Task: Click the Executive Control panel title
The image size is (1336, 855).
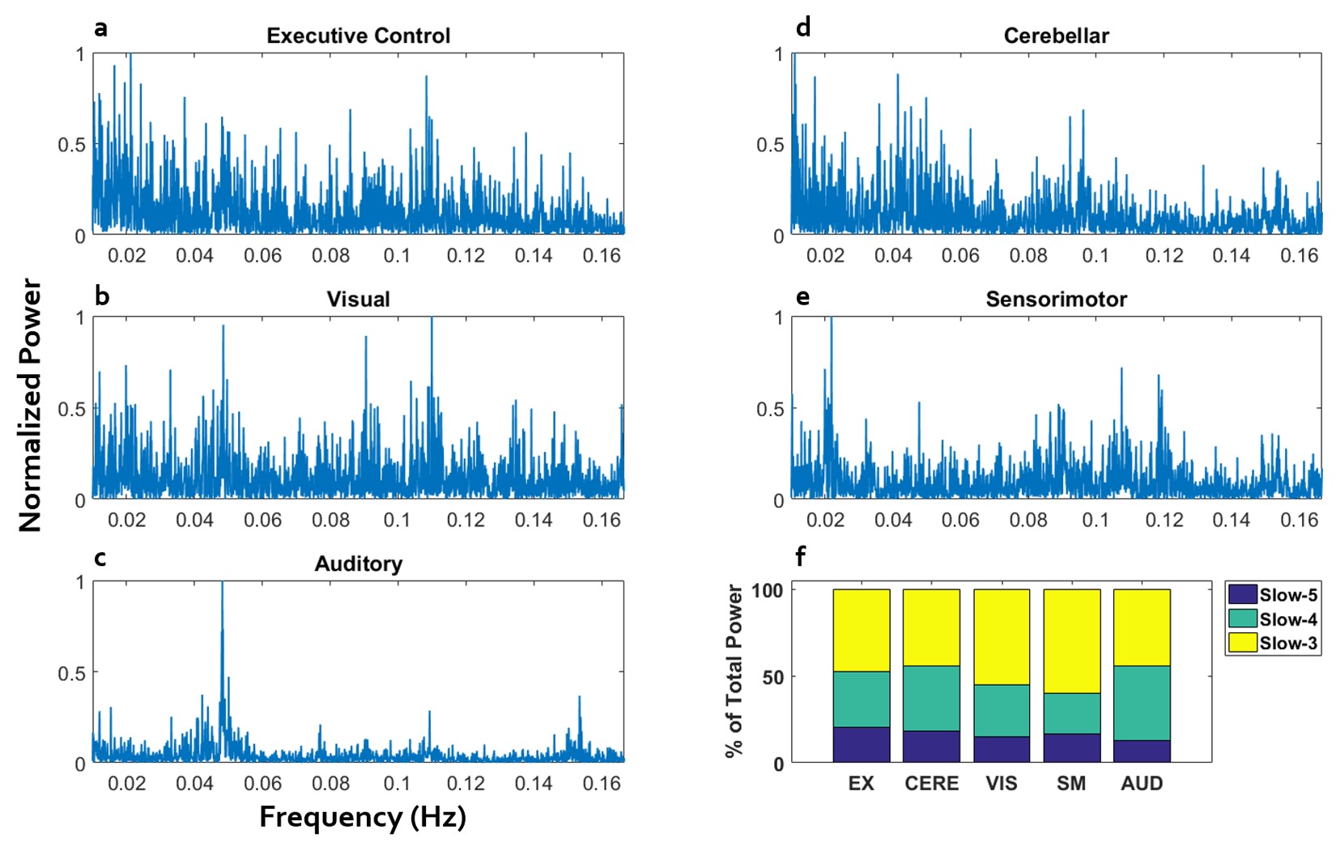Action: pyautogui.click(x=358, y=36)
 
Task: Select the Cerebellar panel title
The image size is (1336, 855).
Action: pyautogui.click(x=1056, y=36)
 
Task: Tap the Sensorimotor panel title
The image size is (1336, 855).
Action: pyautogui.click(x=1056, y=300)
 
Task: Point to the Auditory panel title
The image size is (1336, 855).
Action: pyautogui.click(x=358, y=564)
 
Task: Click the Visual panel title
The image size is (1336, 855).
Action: pyautogui.click(x=358, y=300)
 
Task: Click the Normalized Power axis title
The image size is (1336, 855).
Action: pyautogui.click(x=30, y=405)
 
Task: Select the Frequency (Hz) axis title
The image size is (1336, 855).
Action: pyautogui.click(x=363, y=817)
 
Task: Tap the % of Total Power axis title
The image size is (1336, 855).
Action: pyautogui.click(x=734, y=671)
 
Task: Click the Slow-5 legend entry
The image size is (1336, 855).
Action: pyautogui.click(x=1273, y=594)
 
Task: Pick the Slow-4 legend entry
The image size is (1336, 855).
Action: pyautogui.click(x=1273, y=619)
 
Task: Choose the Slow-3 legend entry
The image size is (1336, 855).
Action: pyautogui.click(x=1273, y=644)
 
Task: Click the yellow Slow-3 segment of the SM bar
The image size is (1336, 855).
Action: pyautogui.click(x=1071, y=640)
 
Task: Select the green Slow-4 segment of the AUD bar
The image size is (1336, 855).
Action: pyautogui.click(x=1141, y=702)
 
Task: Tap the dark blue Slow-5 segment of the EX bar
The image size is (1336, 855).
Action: pyautogui.click(x=861, y=744)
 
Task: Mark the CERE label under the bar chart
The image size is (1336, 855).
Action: pyautogui.click(x=931, y=784)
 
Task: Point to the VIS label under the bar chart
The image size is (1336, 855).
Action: pyautogui.click(x=1001, y=784)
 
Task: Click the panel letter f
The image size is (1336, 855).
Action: pyautogui.click(x=800, y=556)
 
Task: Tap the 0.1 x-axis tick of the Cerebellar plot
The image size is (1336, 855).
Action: pyautogui.click(x=1096, y=256)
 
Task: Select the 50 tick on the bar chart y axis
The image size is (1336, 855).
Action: pyautogui.click(x=773, y=677)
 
